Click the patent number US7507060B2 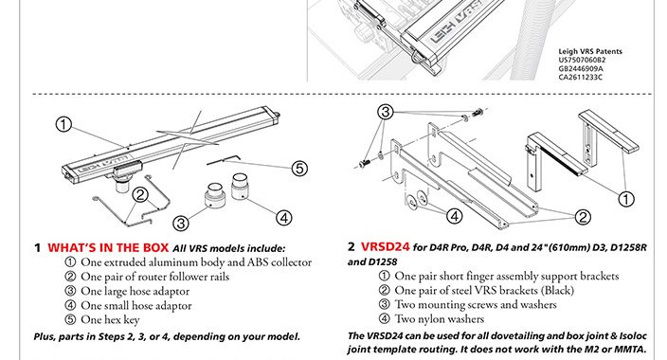tap(582, 60)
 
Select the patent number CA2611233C tap(580, 77)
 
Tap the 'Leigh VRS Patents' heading tap(590, 51)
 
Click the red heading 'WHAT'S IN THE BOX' tap(108, 247)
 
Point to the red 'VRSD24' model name tap(385, 247)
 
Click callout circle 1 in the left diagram tap(63, 124)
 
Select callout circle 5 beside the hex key tap(299, 169)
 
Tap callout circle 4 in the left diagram tap(283, 218)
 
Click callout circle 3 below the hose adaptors tap(181, 223)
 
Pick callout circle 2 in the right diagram tap(583, 217)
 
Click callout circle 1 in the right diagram tap(625, 199)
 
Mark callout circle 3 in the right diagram tap(385, 112)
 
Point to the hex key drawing tap(224, 159)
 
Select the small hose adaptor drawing tap(241, 186)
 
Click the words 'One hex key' tap(110, 320)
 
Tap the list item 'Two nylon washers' tap(440, 318)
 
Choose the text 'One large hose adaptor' tap(135, 292)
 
